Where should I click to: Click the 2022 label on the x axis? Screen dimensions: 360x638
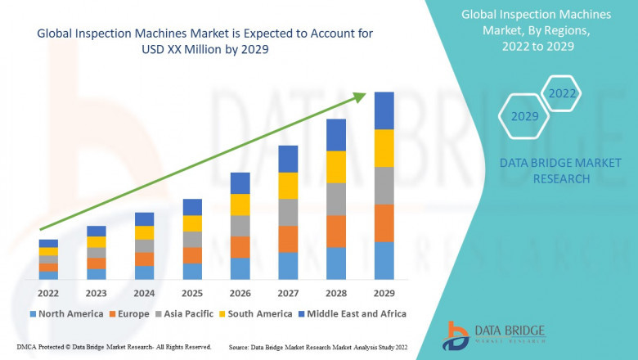tap(48, 292)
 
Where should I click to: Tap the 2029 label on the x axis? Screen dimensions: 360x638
tap(384, 292)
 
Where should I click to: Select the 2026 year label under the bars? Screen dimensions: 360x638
tap(240, 292)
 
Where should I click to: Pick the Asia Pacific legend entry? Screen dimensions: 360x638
tap(186, 313)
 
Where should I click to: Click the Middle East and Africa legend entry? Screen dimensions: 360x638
tap(353, 313)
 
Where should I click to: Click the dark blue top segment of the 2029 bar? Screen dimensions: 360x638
tap(384, 110)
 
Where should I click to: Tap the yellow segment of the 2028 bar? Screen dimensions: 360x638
tap(336, 167)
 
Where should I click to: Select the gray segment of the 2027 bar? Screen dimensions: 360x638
tap(288, 212)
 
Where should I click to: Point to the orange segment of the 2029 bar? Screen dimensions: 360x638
tap(384, 223)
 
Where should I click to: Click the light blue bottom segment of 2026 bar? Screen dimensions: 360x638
tap(240, 268)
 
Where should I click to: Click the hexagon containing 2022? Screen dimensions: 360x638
tap(562, 93)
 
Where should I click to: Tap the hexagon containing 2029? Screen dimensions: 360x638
tap(525, 116)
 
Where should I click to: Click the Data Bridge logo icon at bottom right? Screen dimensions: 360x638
tap(456, 335)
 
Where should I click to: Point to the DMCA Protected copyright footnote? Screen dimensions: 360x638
tap(114, 348)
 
